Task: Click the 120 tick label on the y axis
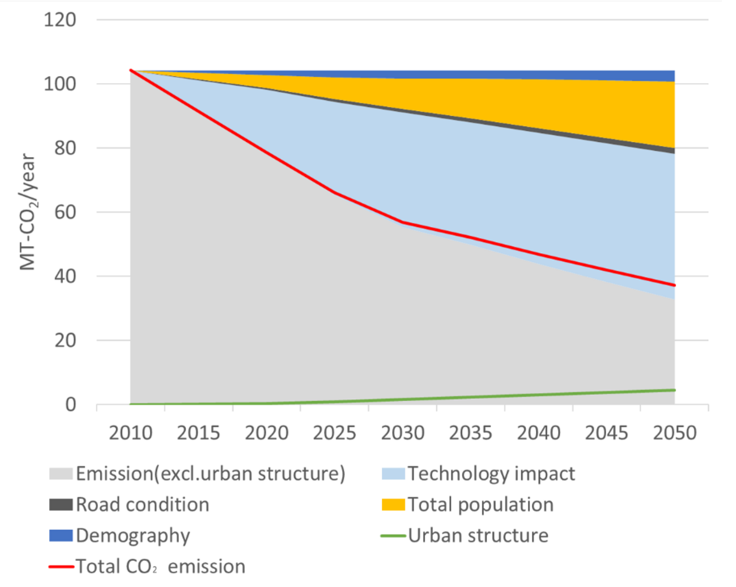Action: [60, 20]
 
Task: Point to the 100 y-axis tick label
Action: [60, 84]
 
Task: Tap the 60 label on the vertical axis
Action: [65, 212]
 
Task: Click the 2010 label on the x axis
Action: [131, 433]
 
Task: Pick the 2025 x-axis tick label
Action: [335, 433]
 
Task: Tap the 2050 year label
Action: [675, 433]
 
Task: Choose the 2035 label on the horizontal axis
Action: [471, 433]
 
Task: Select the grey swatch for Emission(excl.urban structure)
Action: [61, 474]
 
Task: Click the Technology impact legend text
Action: [491, 474]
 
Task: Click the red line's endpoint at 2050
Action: [675, 285]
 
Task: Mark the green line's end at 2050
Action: [675, 390]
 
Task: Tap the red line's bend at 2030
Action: [403, 222]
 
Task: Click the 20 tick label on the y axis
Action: [65, 341]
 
